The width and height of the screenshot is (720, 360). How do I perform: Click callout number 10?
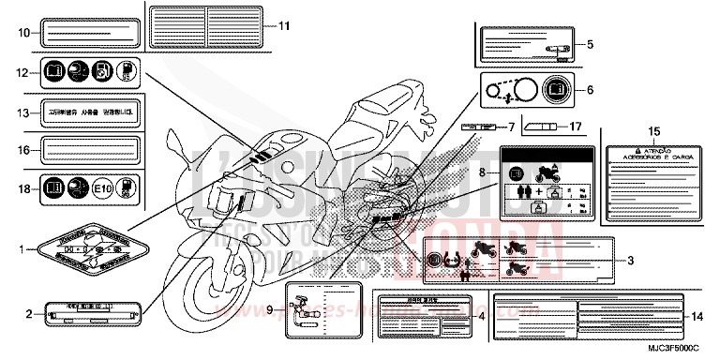pos(22,33)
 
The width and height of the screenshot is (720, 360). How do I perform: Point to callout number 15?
pos(655,131)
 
